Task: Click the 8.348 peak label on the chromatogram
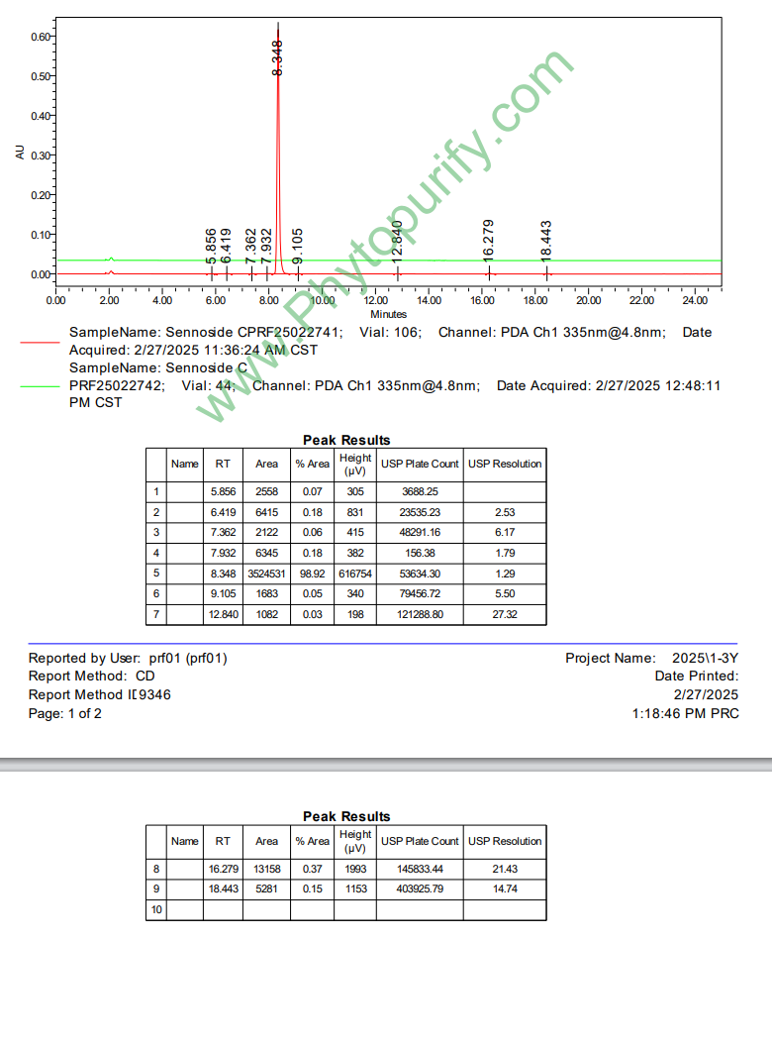pos(278,57)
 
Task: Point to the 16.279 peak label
pos(488,241)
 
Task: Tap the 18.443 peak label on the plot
pos(546,241)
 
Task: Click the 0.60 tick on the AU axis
pos(41,37)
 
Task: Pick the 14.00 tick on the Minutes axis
pos(429,300)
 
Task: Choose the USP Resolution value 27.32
pos(505,615)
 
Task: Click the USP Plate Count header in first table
pos(420,464)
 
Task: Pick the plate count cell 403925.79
pos(420,888)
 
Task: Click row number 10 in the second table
pos(155,909)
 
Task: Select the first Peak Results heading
pos(346,440)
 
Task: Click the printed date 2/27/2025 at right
pos(705,694)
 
